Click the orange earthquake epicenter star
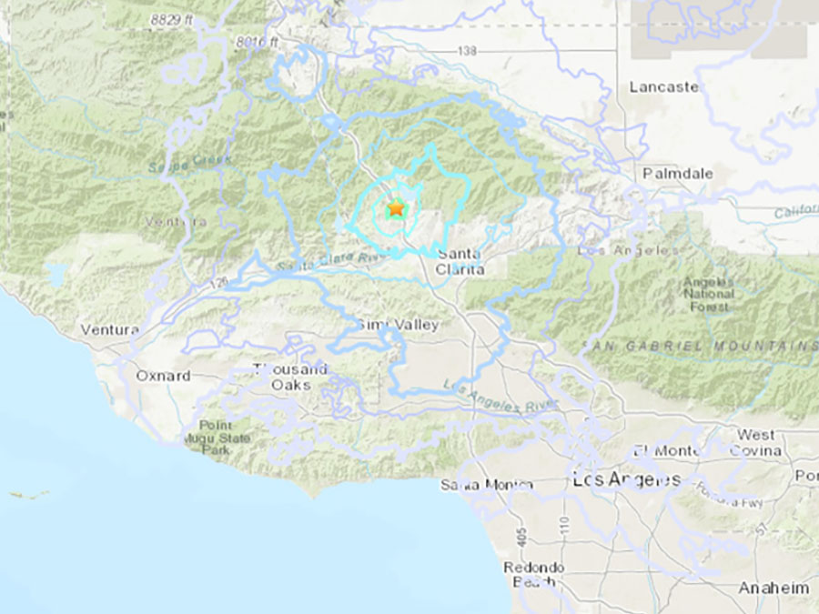(x=396, y=208)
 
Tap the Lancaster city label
(x=664, y=87)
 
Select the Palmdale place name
(x=678, y=173)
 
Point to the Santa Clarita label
(x=460, y=261)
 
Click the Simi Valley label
(x=398, y=325)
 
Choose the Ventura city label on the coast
(x=109, y=329)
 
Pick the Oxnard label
(x=163, y=376)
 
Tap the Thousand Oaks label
(x=290, y=377)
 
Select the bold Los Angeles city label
(x=626, y=479)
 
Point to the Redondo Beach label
(x=535, y=574)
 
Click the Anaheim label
(x=773, y=588)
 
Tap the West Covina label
(x=755, y=442)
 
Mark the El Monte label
(x=668, y=450)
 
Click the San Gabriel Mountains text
(x=701, y=347)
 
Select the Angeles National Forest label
(x=709, y=294)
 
